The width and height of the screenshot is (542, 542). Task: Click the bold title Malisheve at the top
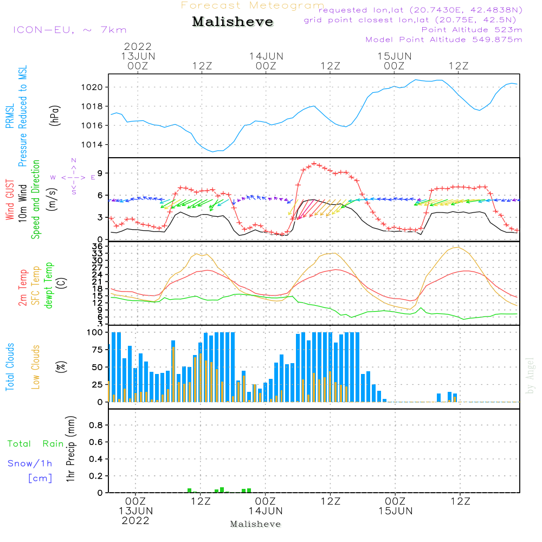click(233, 22)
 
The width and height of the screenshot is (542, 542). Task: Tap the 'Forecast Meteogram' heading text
click(253, 5)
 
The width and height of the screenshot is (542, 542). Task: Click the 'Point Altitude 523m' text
click(472, 30)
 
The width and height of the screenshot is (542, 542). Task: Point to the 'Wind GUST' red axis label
click(10, 201)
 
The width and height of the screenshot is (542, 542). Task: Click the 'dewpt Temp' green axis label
click(49, 285)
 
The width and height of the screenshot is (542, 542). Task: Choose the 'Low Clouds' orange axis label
click(36, 366)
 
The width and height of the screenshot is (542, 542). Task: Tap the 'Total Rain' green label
click(35, 444)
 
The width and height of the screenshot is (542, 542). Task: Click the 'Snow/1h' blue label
click(30, 463)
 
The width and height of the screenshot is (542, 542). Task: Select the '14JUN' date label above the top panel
click(266, 56)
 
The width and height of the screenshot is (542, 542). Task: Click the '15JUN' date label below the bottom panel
click(396, 511)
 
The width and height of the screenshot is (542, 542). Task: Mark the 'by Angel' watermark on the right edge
click(530, 375)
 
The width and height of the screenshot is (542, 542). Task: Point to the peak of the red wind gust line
click(314, 164)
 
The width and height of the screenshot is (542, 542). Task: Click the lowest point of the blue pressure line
click(213, 151)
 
